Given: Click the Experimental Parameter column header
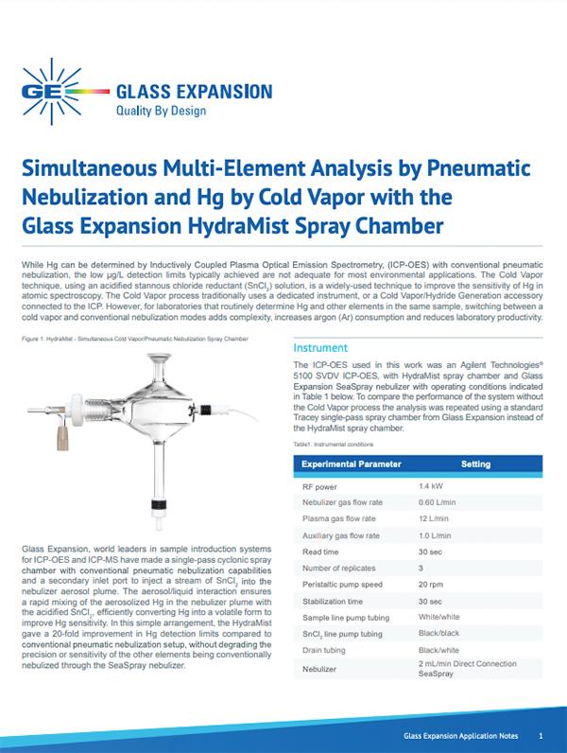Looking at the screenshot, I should coord(351,464).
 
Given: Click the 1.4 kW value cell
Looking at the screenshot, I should coord(432,487).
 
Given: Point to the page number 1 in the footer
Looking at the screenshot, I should coord(540,735).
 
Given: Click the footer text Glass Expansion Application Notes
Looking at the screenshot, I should coord(457,735).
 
